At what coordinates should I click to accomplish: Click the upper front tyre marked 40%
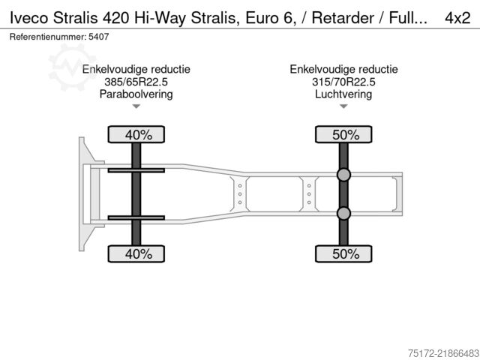(136, 134)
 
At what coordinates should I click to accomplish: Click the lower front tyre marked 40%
(136, 253)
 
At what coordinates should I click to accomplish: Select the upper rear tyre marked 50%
(343, 134)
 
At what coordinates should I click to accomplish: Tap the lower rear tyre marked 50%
(343, 253)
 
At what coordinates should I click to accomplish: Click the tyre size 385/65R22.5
(136, 82)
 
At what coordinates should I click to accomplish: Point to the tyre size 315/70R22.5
(343, 82)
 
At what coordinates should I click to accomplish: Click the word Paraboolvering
(136, 94)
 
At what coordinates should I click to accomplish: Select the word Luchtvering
(343, 94)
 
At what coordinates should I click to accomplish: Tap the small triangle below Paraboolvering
(136, 106)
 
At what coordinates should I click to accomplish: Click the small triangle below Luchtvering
(343, 106)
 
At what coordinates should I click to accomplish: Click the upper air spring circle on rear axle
(343, 175)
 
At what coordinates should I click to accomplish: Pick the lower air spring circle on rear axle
(343, 213)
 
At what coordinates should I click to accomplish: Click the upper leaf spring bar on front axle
(136, 170)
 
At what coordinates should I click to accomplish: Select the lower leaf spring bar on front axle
(136, 217)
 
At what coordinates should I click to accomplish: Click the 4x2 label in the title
(457, 18)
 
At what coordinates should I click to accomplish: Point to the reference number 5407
(98, 37)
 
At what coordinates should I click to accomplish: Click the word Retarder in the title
(343, 18)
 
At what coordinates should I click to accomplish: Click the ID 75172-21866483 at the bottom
(443, 353)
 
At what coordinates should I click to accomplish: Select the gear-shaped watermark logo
(72, 67)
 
